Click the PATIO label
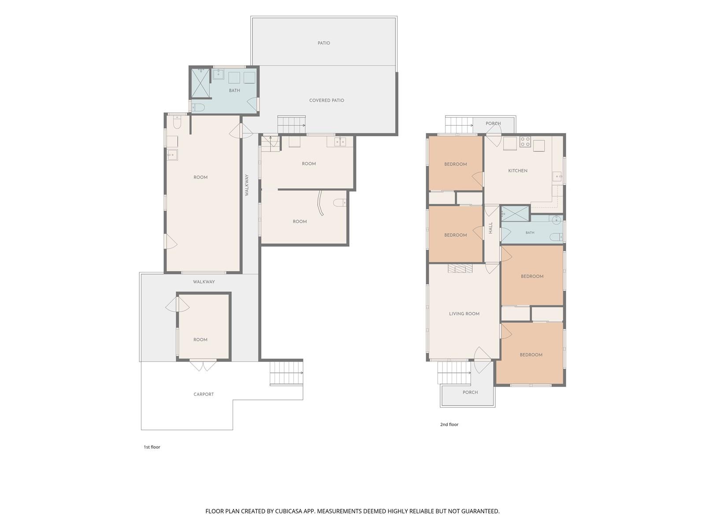[323, 43]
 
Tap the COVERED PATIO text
[327, 100]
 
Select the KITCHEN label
[517, 171]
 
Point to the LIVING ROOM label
[464, 313]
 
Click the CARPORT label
[203, 394]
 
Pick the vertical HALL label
[490, 228]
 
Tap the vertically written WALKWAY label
[247, 185]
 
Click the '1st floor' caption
[152, 447]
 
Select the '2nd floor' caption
[449, 424]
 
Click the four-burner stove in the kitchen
[525, 142]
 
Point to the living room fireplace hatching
[460, 268]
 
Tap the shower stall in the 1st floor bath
[200, 83]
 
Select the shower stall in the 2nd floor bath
[515, 214]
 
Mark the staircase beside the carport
[286, 373]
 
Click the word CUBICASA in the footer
[289, 511]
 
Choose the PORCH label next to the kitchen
[493, 123]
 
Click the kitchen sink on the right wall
[557, 176]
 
